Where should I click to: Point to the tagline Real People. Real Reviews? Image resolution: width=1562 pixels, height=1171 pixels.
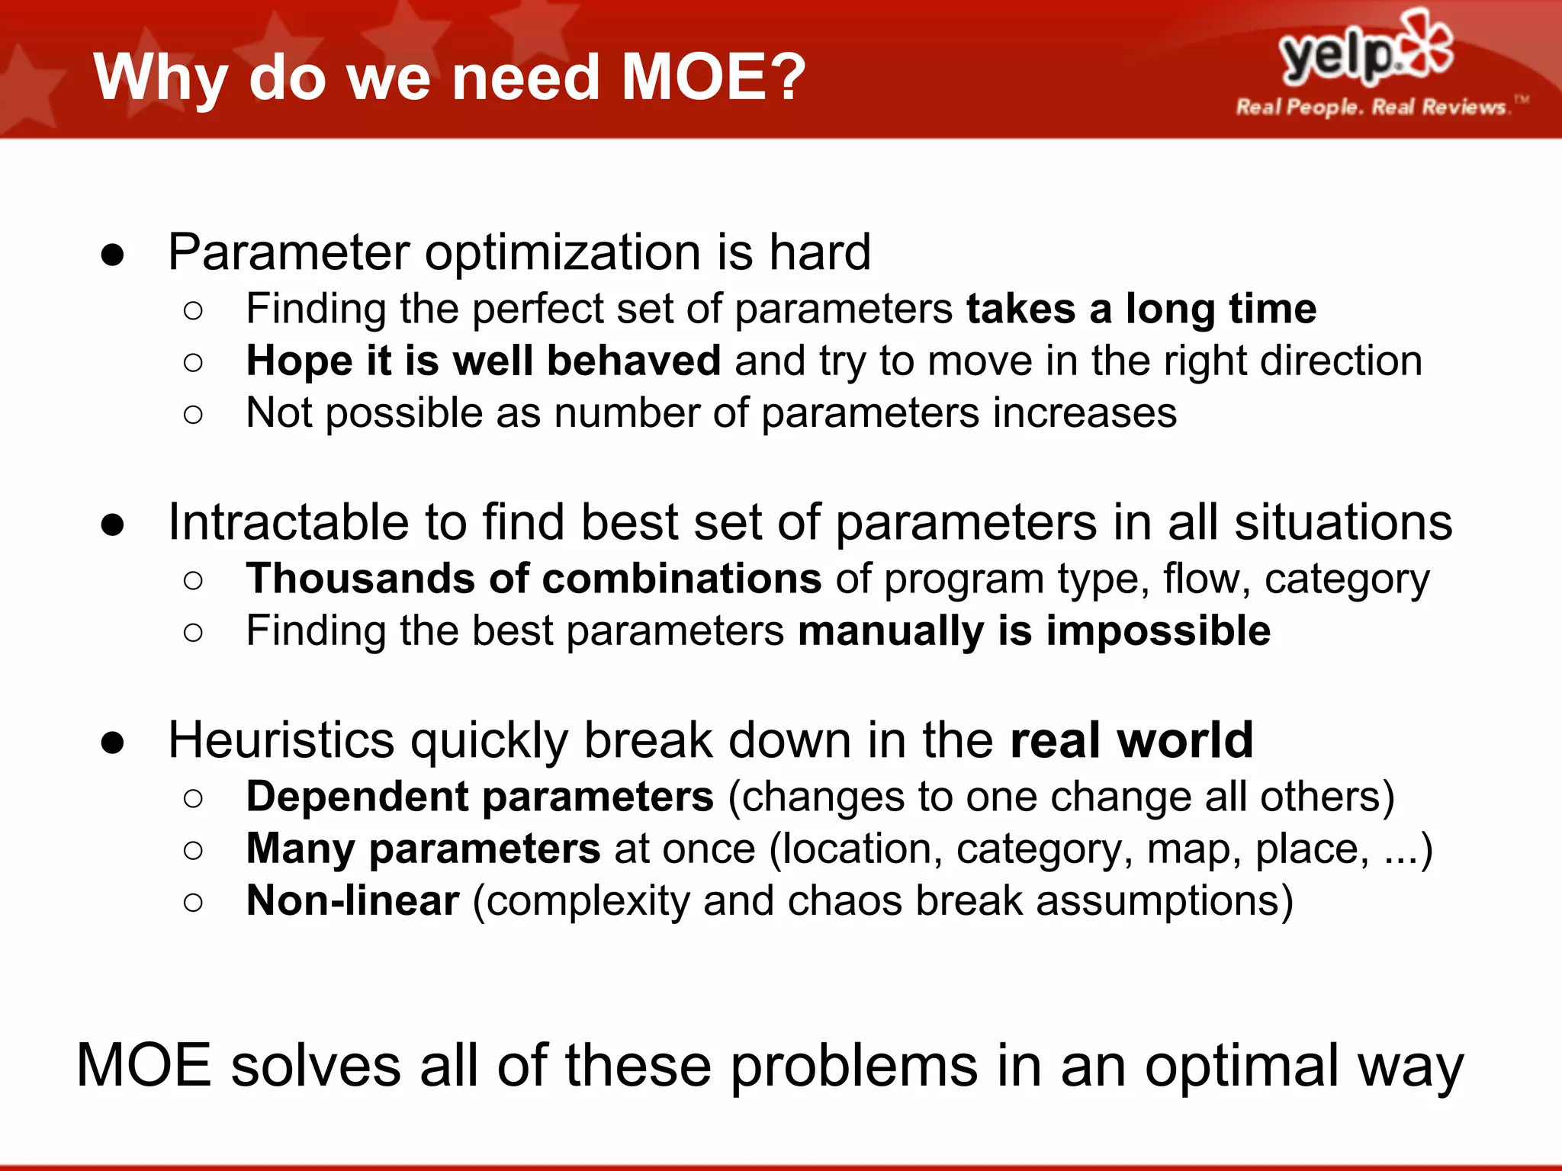tap(1371, 107)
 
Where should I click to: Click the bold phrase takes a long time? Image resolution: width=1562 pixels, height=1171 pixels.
tap(1141, 310)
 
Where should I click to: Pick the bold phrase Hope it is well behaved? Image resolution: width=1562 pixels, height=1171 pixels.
tap(483, 361)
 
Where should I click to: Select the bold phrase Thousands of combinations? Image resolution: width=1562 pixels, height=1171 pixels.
tap(533, 579)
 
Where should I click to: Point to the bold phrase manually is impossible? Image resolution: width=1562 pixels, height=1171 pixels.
tap(1033, 631)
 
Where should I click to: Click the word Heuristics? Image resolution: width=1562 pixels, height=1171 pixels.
tap(281, 741)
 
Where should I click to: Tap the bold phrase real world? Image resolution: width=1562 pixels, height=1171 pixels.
tap(1131, 741)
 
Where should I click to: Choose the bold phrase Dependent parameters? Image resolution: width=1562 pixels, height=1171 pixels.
tap(480, 797)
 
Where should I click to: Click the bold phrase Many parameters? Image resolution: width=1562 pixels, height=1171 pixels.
tap(423, 849)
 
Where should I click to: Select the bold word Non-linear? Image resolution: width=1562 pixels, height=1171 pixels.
tap(352, 901)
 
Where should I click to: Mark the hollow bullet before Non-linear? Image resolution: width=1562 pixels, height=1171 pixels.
tap(194, 903)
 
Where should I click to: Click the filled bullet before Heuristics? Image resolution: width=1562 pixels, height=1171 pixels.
tap(112, 743)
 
